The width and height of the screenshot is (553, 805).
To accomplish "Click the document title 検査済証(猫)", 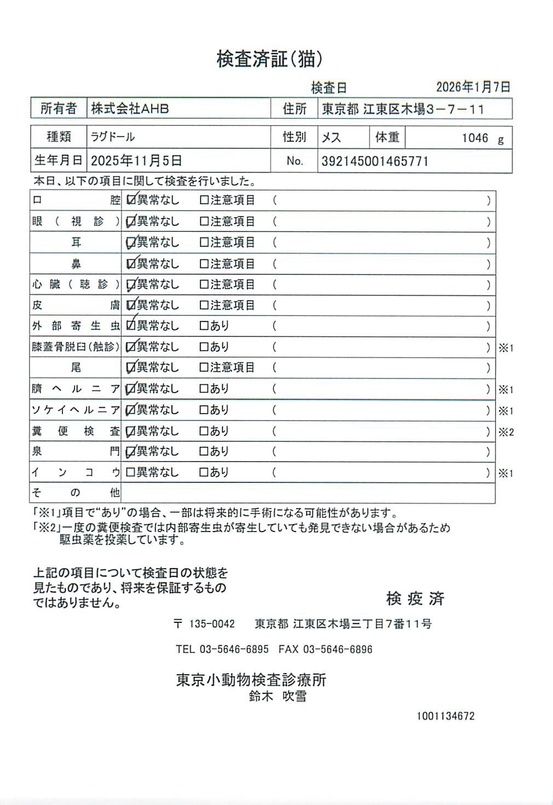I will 269,59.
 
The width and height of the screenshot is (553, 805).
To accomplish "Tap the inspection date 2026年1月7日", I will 473,87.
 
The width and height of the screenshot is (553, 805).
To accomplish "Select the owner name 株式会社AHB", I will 130,108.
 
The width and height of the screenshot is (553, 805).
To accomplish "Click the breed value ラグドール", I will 113,137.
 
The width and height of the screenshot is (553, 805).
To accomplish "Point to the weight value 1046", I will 475,138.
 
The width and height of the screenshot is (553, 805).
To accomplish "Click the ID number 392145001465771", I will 375,161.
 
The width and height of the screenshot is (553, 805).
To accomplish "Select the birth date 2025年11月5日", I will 136,161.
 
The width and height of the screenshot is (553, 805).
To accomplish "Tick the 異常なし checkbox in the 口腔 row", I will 131,200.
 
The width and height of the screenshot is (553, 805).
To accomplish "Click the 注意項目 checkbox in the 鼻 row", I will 204,264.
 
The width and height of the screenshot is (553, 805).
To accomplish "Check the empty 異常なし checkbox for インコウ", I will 130,472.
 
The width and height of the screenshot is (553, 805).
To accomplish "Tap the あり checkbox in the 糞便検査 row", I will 204,431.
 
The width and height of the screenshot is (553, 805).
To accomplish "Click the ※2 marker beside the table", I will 506,432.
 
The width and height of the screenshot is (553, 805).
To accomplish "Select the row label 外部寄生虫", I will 76,326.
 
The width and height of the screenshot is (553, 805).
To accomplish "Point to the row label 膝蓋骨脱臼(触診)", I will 76,347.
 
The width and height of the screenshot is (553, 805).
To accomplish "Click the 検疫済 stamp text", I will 415,598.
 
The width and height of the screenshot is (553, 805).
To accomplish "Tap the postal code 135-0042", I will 212,624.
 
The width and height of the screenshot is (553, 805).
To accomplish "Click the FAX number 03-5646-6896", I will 337,650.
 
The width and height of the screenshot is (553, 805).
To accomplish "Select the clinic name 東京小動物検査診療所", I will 251,680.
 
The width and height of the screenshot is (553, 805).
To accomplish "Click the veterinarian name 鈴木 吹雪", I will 278,696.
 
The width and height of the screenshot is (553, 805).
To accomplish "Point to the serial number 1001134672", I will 445,716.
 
